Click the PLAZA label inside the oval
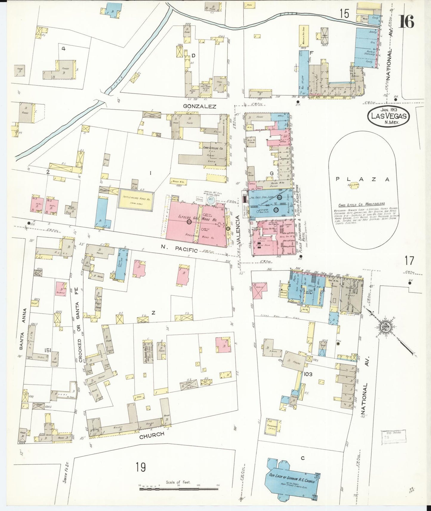362,179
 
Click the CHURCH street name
152,435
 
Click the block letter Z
153,312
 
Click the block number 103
308,374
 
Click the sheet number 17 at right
409,260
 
